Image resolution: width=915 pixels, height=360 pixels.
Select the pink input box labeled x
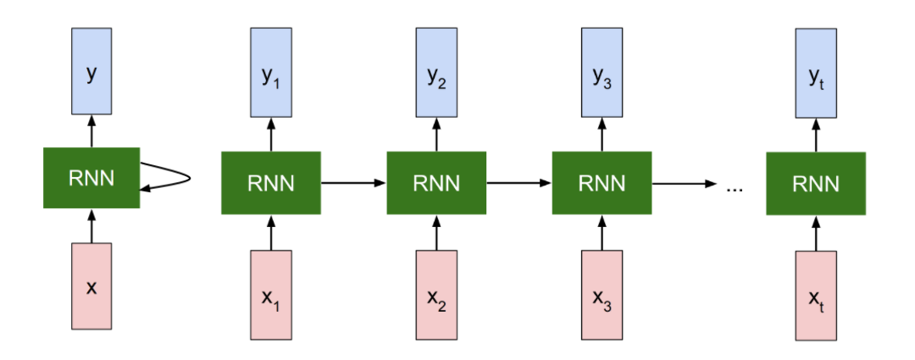pyautogui.click(x=91, y=285)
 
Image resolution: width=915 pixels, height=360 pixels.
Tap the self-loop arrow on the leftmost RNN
pyautogui.click(x=174, y=179)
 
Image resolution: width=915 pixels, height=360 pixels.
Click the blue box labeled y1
pyautogui.click(x=270, y=73)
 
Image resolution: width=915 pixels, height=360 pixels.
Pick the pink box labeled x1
pyautogui.click(x=270, y=295)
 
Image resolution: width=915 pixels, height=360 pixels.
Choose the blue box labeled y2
pyautogui.click(x=436, y=73)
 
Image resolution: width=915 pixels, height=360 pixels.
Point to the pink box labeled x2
pyautogui.click(x=436, y=295)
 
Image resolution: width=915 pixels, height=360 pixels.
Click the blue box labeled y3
pyautogui.click(x=602, y=73)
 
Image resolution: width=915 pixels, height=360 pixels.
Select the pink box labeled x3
pyautogui.click(x=602, y=295)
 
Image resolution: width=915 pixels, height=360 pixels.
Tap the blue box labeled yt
pyautogui.click(x=815, y=73)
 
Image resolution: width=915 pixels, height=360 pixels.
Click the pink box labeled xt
pyautogui.click(x=815, y=295)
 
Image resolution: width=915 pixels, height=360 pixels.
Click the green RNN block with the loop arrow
pyautogui.click(x=91, y=178)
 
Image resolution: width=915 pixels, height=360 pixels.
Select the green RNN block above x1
pyautogui.click(x=270, y=183)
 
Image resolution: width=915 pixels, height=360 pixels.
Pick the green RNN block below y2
pyautogui.click(x=436, y=183)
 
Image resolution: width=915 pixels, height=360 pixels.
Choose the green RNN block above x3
pyautogui.click(x=602, y=183)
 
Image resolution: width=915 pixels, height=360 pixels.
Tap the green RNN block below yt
pyautogui.click(x=815, y=183)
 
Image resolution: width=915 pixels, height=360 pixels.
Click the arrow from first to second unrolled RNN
pyautogui.click(x=353, y=183)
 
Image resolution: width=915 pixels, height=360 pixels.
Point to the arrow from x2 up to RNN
pyautogui.click(x=436, y=232)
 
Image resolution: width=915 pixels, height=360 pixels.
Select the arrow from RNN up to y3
pyautogui.click(x=602, y=135)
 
